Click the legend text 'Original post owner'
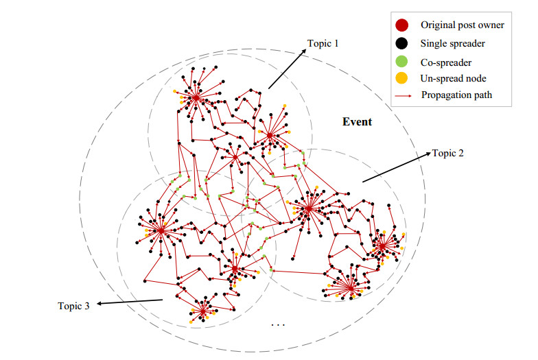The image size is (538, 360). coord(463,25)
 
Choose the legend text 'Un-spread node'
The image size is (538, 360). coord(454,77)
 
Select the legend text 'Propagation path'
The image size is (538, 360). coord(457,95)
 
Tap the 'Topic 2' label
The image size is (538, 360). coord(448,153)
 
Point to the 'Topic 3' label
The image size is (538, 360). coord(73,305)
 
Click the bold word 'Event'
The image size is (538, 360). coord(358,122)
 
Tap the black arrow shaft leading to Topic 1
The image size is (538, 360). coord(285,70)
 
